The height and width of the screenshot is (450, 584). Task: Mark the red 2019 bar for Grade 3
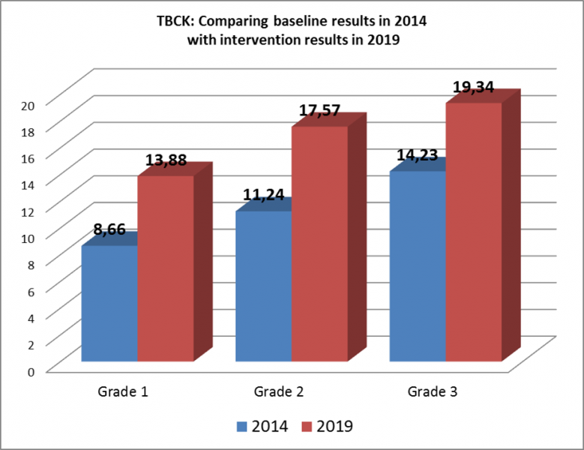tap(474, 232)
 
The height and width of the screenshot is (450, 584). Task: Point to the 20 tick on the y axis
tap(28, 104)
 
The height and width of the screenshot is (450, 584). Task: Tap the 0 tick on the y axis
tap(31, 370)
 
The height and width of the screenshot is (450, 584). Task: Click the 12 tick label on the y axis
tap(28, 211)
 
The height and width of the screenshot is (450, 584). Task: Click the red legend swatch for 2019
tap(307, 426)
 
